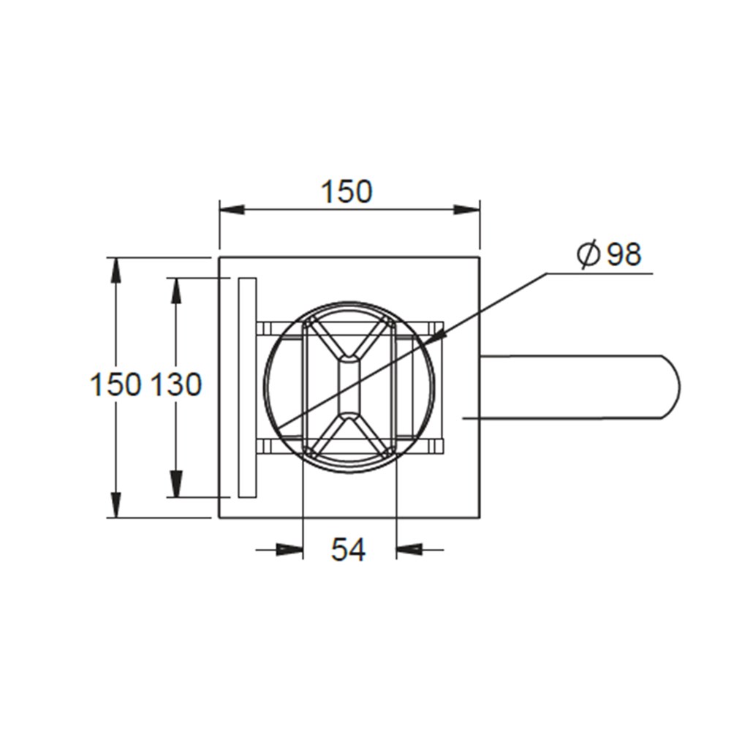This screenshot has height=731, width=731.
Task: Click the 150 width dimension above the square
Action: click(347, 192)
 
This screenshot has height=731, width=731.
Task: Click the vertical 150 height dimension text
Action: click(115, 385)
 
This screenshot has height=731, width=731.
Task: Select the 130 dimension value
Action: click(175, 385)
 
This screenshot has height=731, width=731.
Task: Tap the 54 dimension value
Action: click(348, 550)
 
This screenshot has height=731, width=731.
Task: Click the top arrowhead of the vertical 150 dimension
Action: click(115, 270)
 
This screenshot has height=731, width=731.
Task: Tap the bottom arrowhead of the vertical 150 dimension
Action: click(115, 504)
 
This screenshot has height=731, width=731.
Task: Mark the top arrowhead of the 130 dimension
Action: click(175, 290)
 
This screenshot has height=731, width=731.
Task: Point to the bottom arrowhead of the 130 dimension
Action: click(175, 484)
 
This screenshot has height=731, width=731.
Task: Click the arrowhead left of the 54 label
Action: click(290, 549)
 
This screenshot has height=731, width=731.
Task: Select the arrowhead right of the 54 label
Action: click(409, 549)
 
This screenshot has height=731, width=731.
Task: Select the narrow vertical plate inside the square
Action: click(247, 387)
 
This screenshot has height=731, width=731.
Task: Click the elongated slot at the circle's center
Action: click(349, 386)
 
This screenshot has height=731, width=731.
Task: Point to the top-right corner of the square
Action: click(479, 257)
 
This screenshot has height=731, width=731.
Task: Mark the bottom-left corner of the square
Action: click(219, 518)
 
